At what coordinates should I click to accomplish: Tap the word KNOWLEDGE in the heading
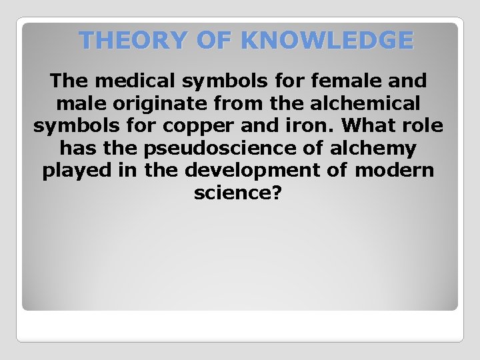[327, 41]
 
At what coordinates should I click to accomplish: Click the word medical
[131, 82]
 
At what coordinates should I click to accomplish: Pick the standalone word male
[77, 104]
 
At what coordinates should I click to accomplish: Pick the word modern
[394, 170]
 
